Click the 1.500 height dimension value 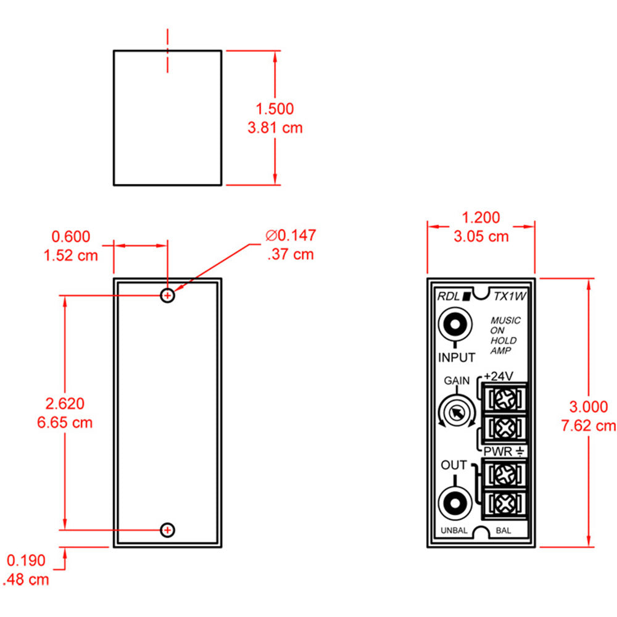point(275,109)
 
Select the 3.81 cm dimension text point(275,128)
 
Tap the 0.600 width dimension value point(71,236)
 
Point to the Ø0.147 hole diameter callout point(291,235)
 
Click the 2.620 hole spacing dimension point(65,404)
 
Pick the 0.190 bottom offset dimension point(26,560)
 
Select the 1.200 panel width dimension point(481,217)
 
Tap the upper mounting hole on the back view point(167,296)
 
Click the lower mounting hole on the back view point(167,529)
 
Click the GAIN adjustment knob point(455,413)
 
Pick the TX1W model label point(510,296)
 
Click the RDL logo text point(450,296)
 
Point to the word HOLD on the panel point(503,341)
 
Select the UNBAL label point(453,531)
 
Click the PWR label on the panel point(497,452)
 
